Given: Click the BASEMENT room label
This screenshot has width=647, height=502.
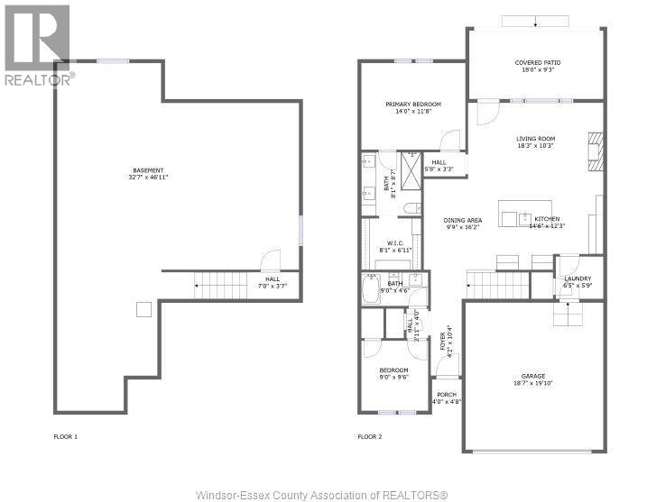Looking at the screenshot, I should (149, 170).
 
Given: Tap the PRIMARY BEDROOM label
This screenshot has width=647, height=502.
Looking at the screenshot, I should (409, 104).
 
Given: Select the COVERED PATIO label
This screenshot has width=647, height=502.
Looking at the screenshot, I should (535, 63).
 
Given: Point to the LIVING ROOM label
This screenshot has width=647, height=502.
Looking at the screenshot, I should (536, 139).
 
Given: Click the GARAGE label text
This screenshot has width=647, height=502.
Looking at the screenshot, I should (533, 376).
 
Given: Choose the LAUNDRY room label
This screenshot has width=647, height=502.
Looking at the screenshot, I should (578, 278).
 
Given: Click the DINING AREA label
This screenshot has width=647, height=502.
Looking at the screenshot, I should (462, 220).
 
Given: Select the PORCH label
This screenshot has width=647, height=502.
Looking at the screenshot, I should (447, 395).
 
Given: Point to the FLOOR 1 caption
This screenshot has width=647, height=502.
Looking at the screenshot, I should (66, 437).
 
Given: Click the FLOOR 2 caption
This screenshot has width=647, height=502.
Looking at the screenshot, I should (370, 437).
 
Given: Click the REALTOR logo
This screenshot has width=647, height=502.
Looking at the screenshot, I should (36, 45).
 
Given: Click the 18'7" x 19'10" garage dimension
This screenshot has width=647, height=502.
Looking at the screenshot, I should (533, 383).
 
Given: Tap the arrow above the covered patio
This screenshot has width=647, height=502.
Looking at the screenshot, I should (534, 22).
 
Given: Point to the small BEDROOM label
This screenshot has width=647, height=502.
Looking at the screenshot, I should (393, 370).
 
